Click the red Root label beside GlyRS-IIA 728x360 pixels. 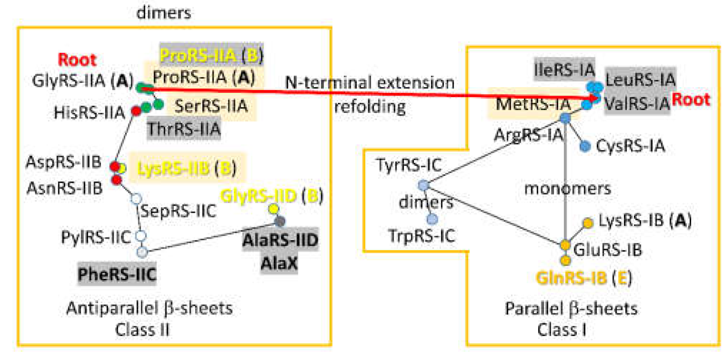click(x=77, y=60)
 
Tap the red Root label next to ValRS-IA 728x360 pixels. click(x=691, y=99)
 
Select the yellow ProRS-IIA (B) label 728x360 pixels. click(x=211, y=55)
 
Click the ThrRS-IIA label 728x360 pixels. click(x=184, y=129)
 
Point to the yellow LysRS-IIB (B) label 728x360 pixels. click(x=186, y=168)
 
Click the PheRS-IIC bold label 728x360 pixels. click(x=117, y=275)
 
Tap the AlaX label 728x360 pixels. click(x=279, y=264)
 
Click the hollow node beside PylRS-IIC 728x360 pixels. click(x=141, y=236)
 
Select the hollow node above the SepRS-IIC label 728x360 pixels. click(x=136, y=199)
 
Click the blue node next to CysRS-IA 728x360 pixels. click(x=585, y=146)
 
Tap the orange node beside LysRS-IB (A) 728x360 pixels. click(x=588, y=223)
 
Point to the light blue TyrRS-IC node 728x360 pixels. click(x=423, y=185)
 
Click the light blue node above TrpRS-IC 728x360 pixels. click(x=432, y=219)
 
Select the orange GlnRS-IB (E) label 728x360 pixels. click(x=584, y=278)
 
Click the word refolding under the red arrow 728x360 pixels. click(x=370, y=107)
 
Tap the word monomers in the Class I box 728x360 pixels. click(x=568, y=188)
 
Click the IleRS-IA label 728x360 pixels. click(x=564, y=69)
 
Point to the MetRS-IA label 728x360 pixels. click(x=533, y=104)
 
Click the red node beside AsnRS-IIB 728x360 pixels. click(x=116, y=180)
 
